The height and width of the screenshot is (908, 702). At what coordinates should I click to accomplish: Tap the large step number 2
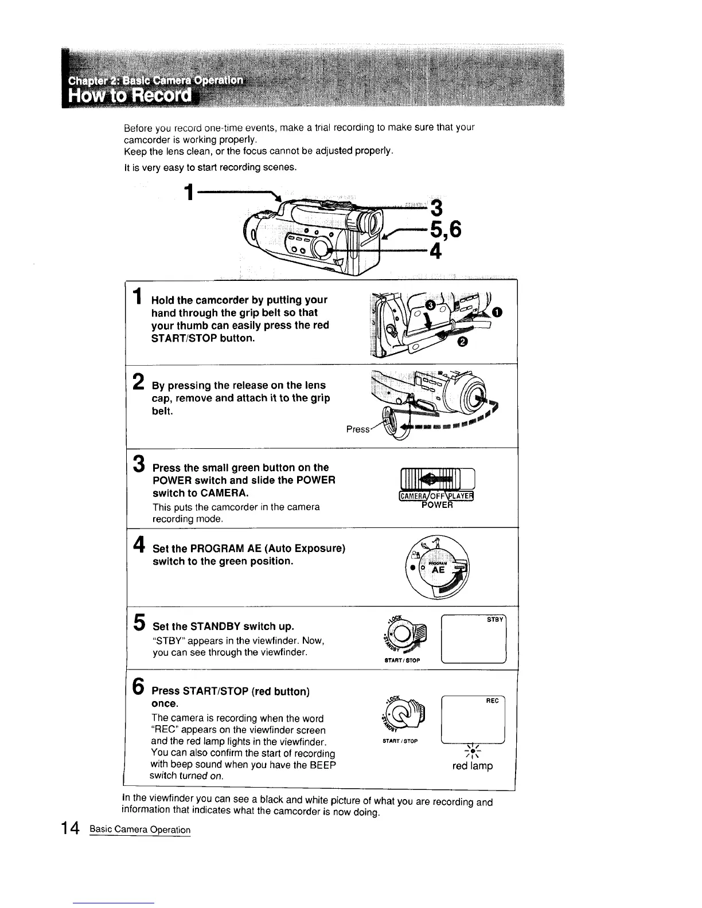tap(138, 381)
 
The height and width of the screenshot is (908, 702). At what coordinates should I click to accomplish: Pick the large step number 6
tap(138, 686)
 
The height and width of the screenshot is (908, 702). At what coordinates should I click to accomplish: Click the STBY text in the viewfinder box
tap(495, 620)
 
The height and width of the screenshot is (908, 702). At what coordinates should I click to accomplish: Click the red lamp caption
tap(473, 766)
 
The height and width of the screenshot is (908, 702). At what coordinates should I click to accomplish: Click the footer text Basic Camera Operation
tap(140, 829)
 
